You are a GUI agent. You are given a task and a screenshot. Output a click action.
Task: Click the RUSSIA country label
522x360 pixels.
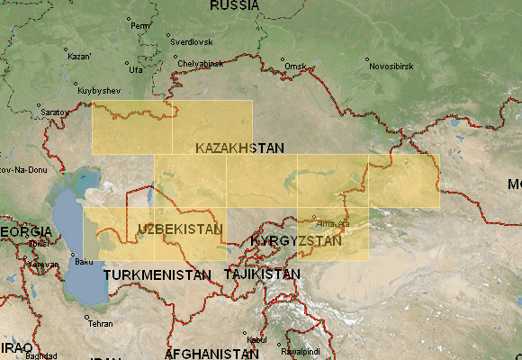pos(234,6)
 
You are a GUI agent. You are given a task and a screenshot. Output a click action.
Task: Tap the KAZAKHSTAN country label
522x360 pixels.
pos(239,148)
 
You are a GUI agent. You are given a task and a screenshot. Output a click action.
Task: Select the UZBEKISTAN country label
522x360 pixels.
pos(180,229)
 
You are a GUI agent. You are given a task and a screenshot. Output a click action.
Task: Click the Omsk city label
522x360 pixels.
pos(294,67)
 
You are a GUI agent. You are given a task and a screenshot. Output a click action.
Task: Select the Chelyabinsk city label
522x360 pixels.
pos(199,64)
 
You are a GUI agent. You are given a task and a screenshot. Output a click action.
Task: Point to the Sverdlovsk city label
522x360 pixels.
pos(193,41)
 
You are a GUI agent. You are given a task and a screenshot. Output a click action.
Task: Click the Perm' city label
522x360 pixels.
pos(140,25)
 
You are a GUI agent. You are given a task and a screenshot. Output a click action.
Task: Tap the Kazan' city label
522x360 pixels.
pos(79,56)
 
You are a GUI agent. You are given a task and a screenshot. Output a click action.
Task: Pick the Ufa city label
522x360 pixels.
pos(136,69)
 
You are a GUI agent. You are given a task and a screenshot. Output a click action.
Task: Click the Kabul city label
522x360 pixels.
pos(256,339)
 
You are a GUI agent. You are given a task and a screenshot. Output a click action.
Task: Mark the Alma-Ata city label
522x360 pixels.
pos(334,222)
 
